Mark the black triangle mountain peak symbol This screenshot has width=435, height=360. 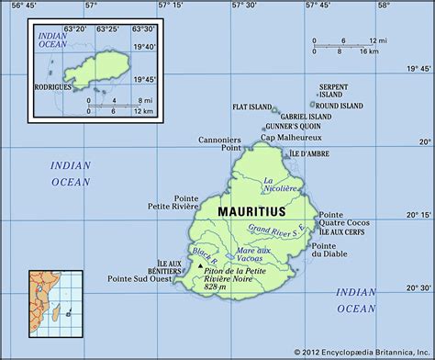(200, 267)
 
